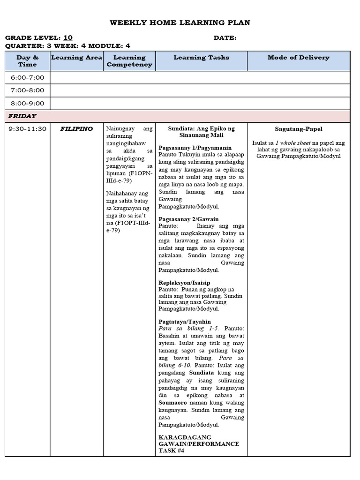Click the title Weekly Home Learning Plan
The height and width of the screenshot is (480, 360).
pyautogui.click(x=180, y=22)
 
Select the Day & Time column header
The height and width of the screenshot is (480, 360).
pyautogui.click(x=27, y=61)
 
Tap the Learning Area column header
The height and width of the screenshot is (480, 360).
pyautogui.click(x=76, y=58)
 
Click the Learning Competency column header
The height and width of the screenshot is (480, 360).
pyautogui.click(x=129, y=61)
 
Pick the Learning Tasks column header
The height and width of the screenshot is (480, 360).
pyautogui.click(x=201, y=58)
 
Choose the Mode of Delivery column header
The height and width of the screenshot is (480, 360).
pyautogui.click(x=298, y=58)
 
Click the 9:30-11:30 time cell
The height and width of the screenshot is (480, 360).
pyautogui.click(x=27, y=129)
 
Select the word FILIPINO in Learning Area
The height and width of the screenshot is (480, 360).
pyautogui.click(x=76, y=129)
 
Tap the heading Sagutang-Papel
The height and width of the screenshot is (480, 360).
pyautogui.click(x=298, y=129)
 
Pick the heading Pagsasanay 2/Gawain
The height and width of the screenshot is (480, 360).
pyautogui.click(x=188, y=219)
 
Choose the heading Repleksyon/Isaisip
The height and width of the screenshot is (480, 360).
pyautogui.click(x=184, y=283)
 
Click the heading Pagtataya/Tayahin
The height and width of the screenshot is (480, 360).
pyautogui.click(x=185, y=322)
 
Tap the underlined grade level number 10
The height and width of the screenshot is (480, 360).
pyautogui.click(x=68, y=37)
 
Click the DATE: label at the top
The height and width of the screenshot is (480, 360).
pyautogui.click(x=225, y=37)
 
